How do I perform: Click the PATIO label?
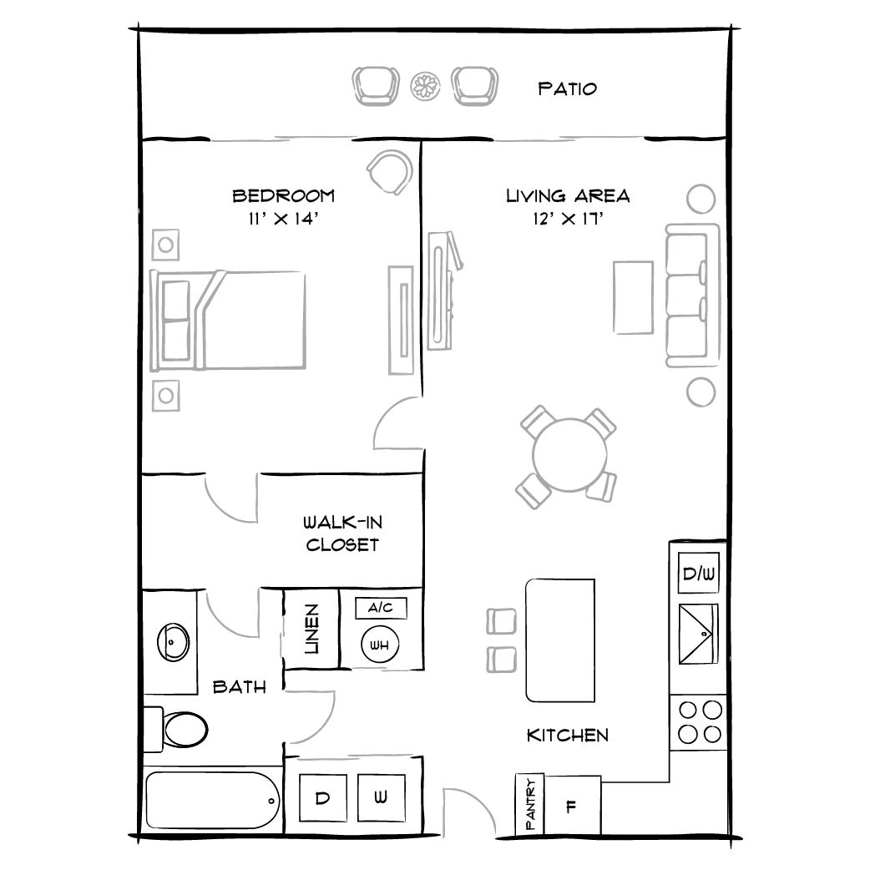click(x=567, y=89)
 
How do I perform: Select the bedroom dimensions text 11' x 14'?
click(x=283, y=220)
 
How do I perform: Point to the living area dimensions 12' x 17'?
click(x=567, y=220)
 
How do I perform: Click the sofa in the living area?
click(x=692, y=295)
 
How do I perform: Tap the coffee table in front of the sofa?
click(x=633, y=297)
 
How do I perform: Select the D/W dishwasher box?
click(x=698, y=574)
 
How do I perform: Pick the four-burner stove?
click(x=699, y=722)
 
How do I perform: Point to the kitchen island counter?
click(x=560, y=640)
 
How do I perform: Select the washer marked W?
click(x=381, y=797)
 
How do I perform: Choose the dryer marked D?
click(x=321, y=797)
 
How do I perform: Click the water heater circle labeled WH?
click(x=380, y=645)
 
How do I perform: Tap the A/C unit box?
click(x=381, y=609)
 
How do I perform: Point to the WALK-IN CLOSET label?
click(x=342, y=534)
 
